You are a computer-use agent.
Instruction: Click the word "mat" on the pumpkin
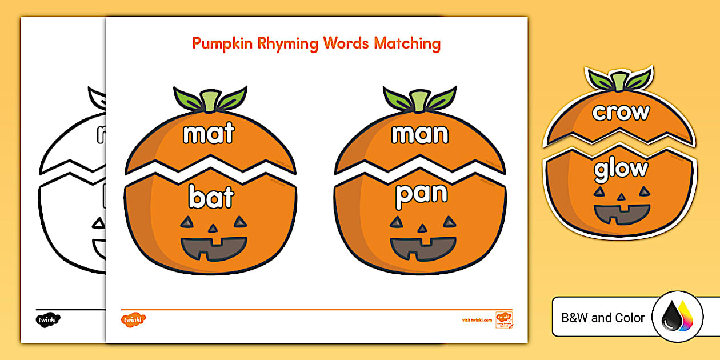[x=209, y=133]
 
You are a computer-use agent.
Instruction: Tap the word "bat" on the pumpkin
[x=211, y=197]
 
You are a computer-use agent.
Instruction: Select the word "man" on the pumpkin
[x=420, y=134]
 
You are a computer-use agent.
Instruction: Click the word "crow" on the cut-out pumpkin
[x=621, y=112]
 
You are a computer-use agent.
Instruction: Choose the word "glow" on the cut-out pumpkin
[x=621, y=169]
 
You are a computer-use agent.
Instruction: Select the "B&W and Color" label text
[x=603, y=318]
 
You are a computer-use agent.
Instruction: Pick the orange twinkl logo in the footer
[x=134, y=319]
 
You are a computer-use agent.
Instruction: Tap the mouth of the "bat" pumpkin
[x=214, y=247]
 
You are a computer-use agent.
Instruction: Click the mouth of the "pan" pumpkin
[x=423, y=247]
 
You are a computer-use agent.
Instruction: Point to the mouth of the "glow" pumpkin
[x=622, y=213]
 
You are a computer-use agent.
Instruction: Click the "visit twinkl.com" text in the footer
[x=477, y=320]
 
